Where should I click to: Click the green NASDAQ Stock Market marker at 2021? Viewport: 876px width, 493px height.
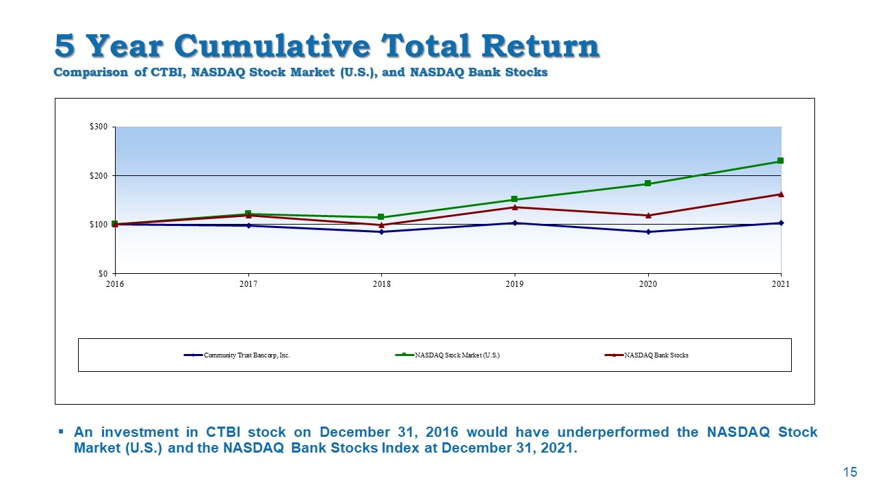(x=780, y=161)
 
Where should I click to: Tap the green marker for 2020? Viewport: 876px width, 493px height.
(x=647, y=184)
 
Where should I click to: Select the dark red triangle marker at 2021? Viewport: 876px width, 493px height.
(x=780, y=194)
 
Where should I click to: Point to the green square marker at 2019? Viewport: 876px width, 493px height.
(x=515, y=199)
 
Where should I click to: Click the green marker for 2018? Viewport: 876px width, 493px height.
(x=381, y=217)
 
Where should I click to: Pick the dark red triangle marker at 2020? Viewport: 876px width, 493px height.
(x=647, y=215)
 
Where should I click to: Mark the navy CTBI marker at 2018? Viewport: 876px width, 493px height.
(x=381, y=231)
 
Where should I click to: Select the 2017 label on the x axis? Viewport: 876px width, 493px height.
(x=248, y=284)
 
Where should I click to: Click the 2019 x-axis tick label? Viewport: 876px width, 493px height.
(x=515, y=284)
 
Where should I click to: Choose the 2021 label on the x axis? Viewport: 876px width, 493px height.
(x=780, y=284)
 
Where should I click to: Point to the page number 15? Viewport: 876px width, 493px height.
(x=850, y=472)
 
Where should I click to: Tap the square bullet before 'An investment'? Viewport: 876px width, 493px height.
(x=61, y=431)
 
